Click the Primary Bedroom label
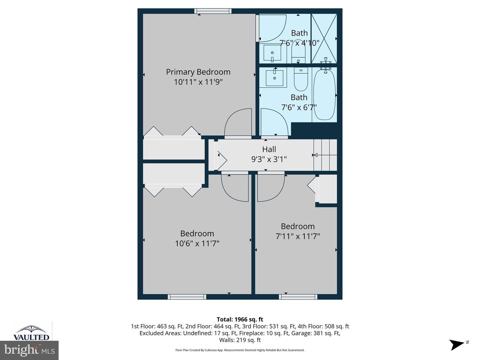click(x=198, y=72)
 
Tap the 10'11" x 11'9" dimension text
click(x=198, y=82)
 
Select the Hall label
click(x=269, y=149)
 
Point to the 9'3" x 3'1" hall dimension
click(x=269, y=159)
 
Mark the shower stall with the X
click(x=324, y=39)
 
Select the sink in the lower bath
click(x=274, y=78)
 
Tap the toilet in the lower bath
click(x=301, y=80)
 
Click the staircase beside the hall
click(x=325, y=155)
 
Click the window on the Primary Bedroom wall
click(x=213, y=11)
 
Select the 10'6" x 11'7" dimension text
click(x=197, y=244)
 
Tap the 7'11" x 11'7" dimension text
click(x=298, y=236)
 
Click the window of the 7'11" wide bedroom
click(x=298, y=297)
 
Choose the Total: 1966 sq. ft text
click(x=240, y=319)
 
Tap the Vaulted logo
click(x=31, y=333)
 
